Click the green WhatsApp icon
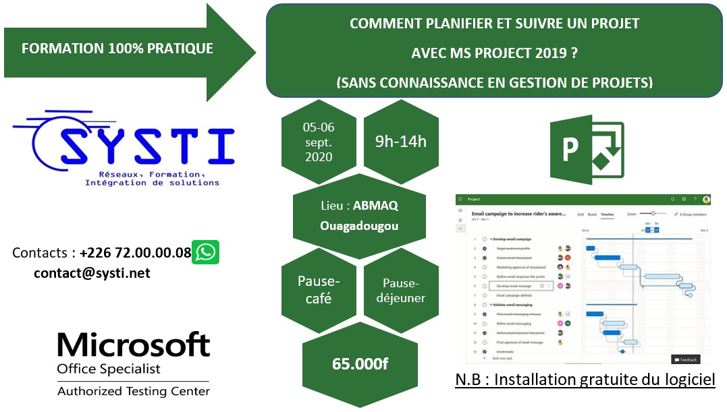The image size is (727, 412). tap(205, 252)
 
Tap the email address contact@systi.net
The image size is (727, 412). tap(92, 273)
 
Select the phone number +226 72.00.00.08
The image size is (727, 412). tap(135, 254)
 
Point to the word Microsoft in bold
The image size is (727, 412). tap(134, 345)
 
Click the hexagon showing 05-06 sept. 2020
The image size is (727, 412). tap(319, 142)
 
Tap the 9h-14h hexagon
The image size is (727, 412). tap(401, 142)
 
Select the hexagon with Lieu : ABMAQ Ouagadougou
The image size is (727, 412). tap(359, 215)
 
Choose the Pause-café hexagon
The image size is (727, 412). tap(319, 289)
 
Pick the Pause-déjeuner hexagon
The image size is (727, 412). tap(401, 290)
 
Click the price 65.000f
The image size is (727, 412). tap(360, 364)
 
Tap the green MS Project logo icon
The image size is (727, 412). tap(587, 148)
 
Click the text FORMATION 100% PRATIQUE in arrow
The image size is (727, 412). tap(117, 49)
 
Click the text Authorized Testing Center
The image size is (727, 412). tap(134, 391)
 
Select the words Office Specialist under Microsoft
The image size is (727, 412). tap(109, 369)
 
